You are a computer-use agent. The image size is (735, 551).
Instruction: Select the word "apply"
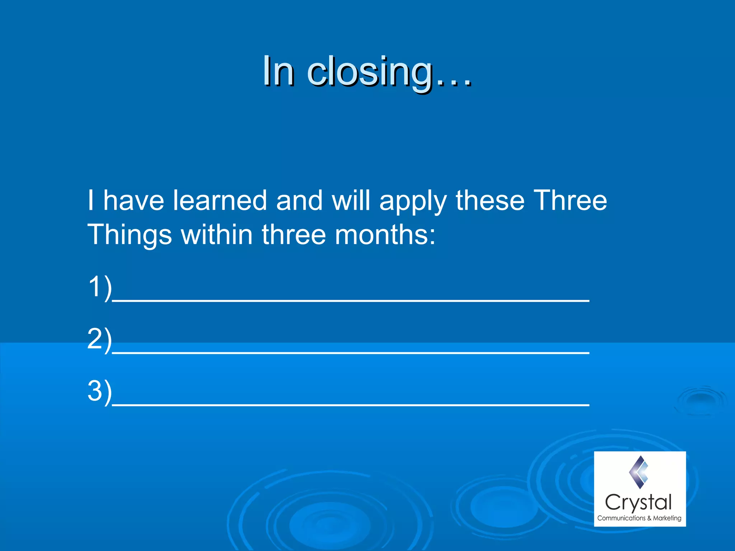[413, 201]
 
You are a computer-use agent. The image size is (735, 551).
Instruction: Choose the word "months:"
[385, 234]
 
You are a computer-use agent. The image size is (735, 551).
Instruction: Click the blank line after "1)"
[351, 301]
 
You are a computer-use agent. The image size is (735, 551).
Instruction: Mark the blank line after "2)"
[351, 353]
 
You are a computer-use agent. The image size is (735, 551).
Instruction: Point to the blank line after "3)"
[351, 405]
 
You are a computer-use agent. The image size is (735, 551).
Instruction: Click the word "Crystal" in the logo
[638, 503]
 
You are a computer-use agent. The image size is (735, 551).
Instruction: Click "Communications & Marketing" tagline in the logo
[639, 518]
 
